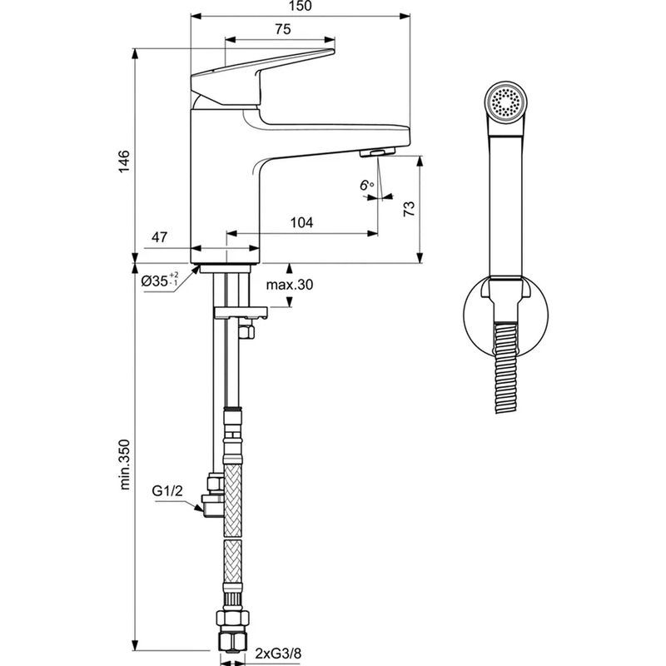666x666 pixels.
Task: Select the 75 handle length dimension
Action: (x=282, y=29)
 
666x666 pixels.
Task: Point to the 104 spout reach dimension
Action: (x=301, y=222)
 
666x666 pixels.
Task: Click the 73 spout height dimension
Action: (x=408, y=209)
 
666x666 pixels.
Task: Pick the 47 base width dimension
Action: (x=160, y=238)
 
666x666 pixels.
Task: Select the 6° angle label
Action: (x=366, y=186)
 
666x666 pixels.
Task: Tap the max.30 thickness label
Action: (x=289, y=286)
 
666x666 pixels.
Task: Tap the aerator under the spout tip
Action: (x=376, y=152)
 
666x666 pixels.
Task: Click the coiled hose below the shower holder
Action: (x=506, y=366)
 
